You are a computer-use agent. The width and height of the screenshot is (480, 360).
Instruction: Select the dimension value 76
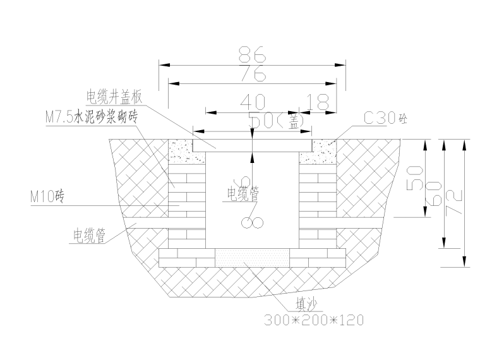tap(253, 74)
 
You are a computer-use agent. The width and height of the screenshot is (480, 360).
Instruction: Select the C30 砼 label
tap(382, 118)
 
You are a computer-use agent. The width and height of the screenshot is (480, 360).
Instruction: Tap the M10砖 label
tap(47, 196)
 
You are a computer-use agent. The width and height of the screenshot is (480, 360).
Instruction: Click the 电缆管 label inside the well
tap(243, 193)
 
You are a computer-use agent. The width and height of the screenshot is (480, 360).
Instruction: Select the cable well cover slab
tap(253, 145)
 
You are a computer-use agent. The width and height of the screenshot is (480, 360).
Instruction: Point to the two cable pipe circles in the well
tap(251, 222)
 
